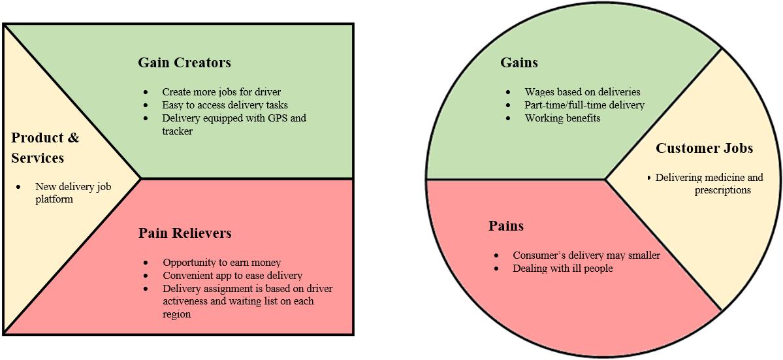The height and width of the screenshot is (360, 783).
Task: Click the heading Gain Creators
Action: tap(184, 63)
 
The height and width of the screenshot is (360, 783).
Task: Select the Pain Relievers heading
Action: tap(185, 233)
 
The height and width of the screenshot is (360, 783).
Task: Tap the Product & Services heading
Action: tap(45, 148)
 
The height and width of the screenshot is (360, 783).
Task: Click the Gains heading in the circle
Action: tap(519, 63)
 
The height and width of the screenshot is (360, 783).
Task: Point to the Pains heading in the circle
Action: tap(506, 226)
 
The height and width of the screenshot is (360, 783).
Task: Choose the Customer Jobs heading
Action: tap(704, 148)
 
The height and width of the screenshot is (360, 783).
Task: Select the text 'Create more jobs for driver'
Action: tap(221, 92)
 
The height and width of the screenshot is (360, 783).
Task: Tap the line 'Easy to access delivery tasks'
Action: tap(225, 105)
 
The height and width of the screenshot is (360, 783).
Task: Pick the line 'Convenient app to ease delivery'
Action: tap(232, 276)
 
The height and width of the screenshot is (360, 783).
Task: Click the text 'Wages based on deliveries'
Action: tap(583, 92)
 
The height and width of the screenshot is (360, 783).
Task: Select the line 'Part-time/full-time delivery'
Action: tap(584, 105)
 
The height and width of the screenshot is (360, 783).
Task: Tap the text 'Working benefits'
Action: tap(562, 118)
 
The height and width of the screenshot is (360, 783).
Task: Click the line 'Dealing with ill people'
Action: tap(562, 269)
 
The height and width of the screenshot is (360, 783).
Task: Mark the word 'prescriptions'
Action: tap(722, 190)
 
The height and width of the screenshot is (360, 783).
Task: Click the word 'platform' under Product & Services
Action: tap(54, 199)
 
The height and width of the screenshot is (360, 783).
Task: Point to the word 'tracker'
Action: tap(178, 131)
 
